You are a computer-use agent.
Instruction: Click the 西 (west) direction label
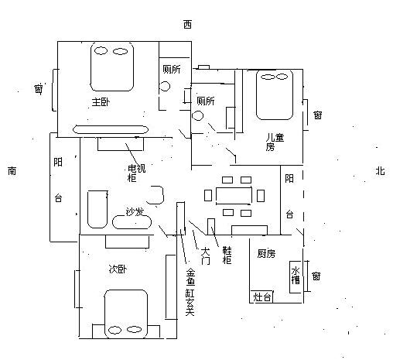187,25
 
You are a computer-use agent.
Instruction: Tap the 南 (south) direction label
12,171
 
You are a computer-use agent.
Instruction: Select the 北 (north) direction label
380,171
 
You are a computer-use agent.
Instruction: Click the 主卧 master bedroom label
101,102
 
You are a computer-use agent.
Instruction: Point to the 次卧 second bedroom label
118,269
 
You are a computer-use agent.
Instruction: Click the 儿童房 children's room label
275,142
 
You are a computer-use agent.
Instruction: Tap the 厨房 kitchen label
266,254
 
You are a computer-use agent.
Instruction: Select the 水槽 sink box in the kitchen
296,277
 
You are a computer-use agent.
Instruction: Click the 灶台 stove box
261,297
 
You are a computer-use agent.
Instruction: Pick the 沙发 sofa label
135,212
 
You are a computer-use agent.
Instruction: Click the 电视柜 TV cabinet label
137,173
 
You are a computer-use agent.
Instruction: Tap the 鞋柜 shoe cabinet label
227,255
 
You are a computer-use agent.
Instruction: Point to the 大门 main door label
206,256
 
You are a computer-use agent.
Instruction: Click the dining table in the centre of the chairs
234,196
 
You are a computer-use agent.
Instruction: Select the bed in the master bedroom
112,67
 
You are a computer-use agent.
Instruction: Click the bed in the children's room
275,94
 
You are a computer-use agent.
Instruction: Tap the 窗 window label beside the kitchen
316,276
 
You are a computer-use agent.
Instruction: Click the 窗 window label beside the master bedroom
39,89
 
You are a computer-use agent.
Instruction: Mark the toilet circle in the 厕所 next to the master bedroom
164,86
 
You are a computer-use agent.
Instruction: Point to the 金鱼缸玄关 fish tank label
190,292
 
